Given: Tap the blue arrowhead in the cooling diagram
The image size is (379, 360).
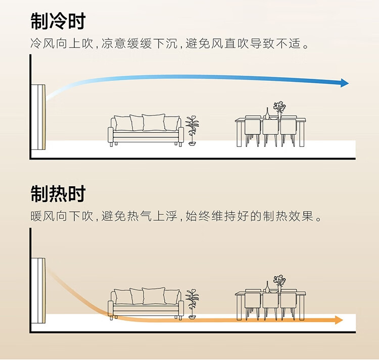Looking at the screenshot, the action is [345, 83].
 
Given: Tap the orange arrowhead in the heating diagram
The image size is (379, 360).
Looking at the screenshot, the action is [339, 320].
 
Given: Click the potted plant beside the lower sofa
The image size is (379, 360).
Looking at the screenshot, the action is [192, 304].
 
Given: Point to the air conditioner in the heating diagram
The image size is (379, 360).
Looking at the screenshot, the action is [39, 291].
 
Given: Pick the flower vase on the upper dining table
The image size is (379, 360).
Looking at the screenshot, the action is [279, 110].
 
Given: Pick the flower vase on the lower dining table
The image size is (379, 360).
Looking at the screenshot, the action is [279, 284].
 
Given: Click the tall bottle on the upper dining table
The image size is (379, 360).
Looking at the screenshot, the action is [267, 113].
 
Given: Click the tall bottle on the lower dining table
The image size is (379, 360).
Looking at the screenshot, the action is [267, 287].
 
